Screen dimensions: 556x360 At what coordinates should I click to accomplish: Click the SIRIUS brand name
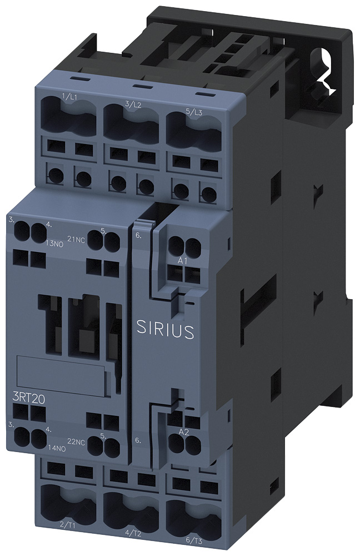165,330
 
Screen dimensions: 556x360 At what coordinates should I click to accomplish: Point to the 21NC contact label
76,240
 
